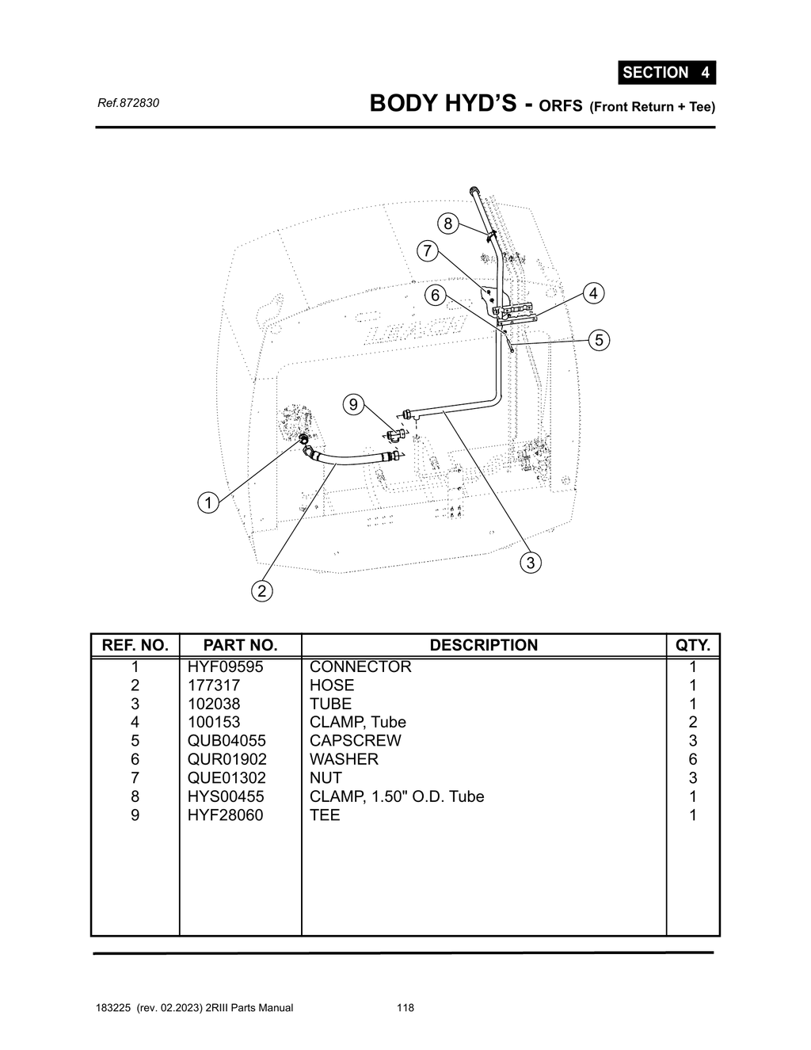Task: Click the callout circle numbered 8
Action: [x=447, y=223]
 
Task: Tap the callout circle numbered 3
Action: [x=530, y=563]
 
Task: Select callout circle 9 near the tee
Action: [x=353, y=404]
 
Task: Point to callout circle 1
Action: [x=208, y=502]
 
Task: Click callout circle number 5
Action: [x=599, y=340]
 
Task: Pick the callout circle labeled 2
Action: [x=262, y=590]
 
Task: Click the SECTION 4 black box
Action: [x=666, y=73]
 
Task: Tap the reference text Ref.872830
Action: [x=128, y=103]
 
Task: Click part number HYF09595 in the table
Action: [x=225, y=666]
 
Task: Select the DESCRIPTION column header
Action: [x=483, y=645]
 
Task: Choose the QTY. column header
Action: [x=692, y=645]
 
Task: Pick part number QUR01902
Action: [x=227, y=759]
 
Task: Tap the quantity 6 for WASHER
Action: [x=692, y=759]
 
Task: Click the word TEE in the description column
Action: [x=325, y=815]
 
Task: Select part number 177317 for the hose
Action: [x=213, y=685]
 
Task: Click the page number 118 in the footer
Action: [x=405, y=1008]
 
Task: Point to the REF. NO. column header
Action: [x=135, y=645]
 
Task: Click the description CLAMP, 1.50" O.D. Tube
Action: [x=396, y=796]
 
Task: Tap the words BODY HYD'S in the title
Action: [x=443, y=104]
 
